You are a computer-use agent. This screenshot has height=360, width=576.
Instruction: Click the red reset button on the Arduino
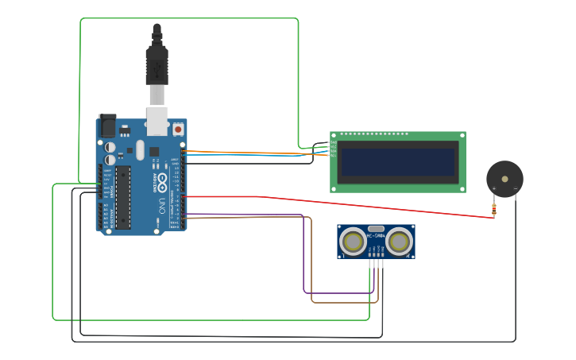[x=178, y=128]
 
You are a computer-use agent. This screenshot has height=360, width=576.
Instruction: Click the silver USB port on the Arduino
[x=157, y=119]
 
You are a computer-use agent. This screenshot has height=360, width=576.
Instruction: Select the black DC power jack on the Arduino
[x=106, y=125]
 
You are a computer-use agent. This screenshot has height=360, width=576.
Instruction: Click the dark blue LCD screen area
[x=397, y=162]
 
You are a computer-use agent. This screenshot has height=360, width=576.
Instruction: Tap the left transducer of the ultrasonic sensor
[x=351, y=240]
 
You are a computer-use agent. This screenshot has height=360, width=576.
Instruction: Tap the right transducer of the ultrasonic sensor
[x=400, y=240]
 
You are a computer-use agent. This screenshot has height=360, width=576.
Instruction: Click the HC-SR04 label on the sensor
[x=376, y=235]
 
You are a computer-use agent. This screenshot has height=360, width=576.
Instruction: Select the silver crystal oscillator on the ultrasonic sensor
[x=376, y=228]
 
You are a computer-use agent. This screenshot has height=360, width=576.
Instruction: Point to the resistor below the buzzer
[x=494, y=210]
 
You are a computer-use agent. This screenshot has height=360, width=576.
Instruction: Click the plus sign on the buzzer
[x=494, y=189]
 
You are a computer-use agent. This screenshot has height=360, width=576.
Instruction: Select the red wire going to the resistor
[x=358, y=203]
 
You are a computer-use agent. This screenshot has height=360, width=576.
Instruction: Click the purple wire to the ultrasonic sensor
[x=304, y=254]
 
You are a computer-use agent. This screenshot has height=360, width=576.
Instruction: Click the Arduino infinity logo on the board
[x=161, y=180]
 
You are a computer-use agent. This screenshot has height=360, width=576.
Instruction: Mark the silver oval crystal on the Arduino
[x=141, y=149]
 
